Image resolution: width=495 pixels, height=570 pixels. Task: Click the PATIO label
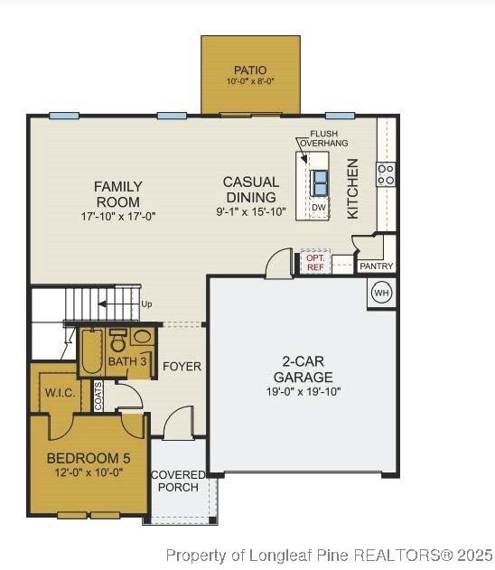click(x=250, y=70)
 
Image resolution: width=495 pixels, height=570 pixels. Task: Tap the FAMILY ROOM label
click(x=117, y=193)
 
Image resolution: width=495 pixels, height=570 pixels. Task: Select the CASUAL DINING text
click(x=251, y=190)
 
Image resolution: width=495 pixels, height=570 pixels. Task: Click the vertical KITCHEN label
click(x=353, y=188)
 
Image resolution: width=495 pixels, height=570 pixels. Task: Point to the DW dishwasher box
click(x=318, y=208)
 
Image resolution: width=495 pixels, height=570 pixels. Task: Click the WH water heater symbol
click(x=381, y=293)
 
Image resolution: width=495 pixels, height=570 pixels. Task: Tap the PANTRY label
click(x=376, y=267)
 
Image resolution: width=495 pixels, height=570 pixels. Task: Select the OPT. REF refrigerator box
click(x=314, y=262)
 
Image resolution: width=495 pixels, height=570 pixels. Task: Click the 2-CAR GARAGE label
click(x=303, y=369)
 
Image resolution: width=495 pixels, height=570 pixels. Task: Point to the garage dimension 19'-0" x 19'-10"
click(x=303, y=392)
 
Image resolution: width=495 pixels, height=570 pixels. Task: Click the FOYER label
click(x=182, y=366)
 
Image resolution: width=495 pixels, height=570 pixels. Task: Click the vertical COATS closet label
click(x=98, y=395)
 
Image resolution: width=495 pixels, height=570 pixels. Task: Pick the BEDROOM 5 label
click(x=89, y=458)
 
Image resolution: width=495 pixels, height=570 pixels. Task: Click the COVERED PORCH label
click(x=177, y=481)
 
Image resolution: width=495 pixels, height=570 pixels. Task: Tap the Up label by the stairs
click(x=146, y=304)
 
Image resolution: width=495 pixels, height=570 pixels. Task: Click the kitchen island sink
click(x=320, y=182)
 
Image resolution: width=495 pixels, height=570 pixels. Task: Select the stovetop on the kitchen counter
click(x=386, y=174)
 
